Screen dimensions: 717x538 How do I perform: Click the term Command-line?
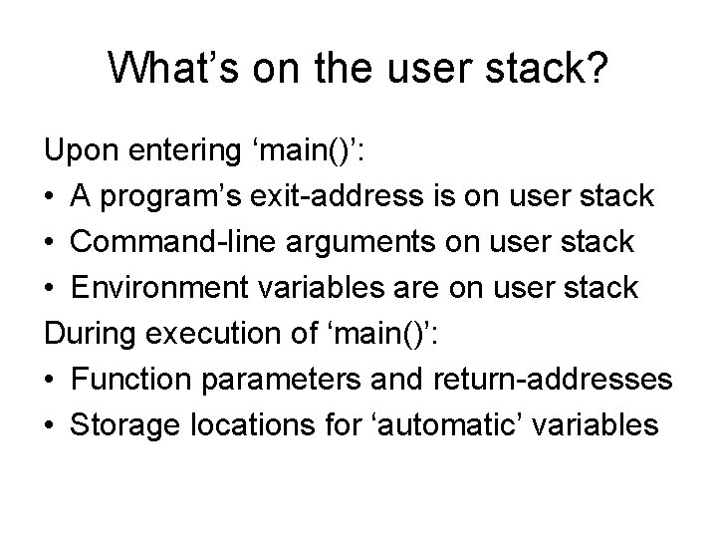tap(171, 242)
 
